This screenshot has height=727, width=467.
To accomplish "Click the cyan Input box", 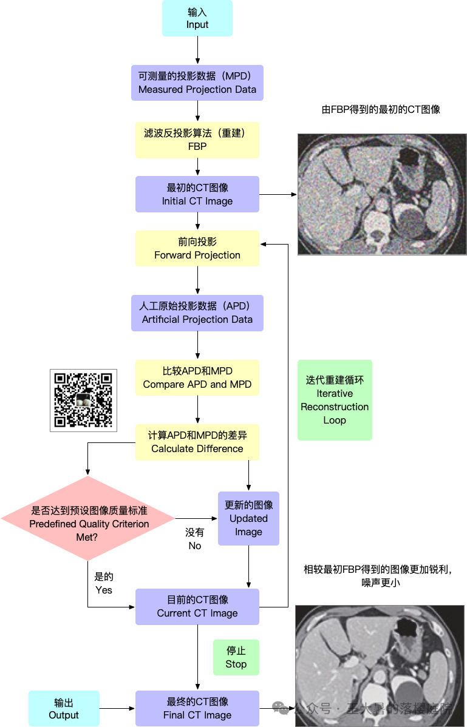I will click(197, 18).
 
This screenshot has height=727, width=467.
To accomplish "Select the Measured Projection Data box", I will click(197, 83).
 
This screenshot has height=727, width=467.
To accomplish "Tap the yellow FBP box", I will click(197, 140).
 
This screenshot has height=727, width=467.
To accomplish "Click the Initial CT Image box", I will click(197, 194).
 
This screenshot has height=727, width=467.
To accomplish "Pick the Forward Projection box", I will click(197, 248).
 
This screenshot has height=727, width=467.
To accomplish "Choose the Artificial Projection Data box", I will click(197, 313).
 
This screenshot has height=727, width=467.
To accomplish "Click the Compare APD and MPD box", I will click(197, 377).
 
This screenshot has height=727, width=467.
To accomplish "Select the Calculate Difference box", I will click(197, 442).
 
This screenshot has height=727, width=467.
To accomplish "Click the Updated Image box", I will click(248, 518).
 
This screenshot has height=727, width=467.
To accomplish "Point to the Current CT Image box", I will click(197, 606).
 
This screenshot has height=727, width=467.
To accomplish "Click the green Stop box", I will click(236, 657).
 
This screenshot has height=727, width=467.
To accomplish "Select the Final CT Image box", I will click(197, 708).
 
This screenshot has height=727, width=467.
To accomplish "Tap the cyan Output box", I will click(64, 708).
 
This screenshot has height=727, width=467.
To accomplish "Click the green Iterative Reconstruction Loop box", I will click(335, 400).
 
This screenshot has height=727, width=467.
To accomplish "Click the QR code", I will click(83, 401).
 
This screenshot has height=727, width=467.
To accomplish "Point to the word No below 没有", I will click(194, 546).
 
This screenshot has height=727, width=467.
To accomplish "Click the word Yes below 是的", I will click(104, 589).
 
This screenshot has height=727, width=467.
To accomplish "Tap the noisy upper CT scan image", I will click(382, 194).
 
